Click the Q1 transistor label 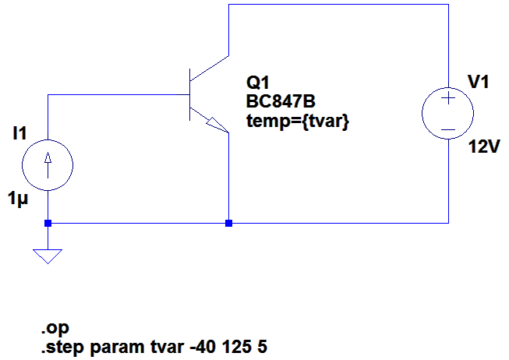tap(258, 83)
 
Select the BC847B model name tap(281, 101)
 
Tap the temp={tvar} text tap(298, 122)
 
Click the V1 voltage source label tap(479, 82)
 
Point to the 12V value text tap(484, 146)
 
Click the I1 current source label tap(19, 133)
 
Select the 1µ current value tap(18, 199)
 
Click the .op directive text tap(55, 329)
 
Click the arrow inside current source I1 tap(48, 165)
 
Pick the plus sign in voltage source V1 tap(448, 97)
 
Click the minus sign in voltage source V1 tap(448, 130)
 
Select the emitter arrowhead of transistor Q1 tap(217, 125)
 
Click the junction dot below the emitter tap(229, 224)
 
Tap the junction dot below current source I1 tap(48, 224)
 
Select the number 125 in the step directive tap(236, 347)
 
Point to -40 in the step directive tap(203, 347)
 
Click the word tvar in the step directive tap(168, 347)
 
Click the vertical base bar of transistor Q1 tap(190, 94)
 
